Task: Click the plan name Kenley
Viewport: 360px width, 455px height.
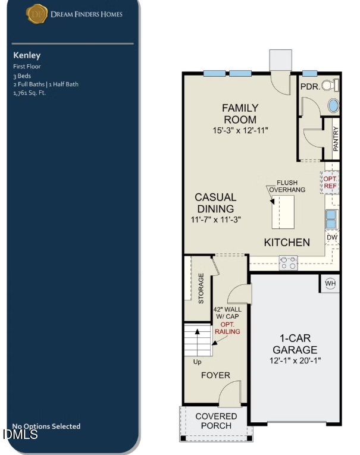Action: click(27, 55)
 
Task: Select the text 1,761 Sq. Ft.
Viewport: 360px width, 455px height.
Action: click(29, 92)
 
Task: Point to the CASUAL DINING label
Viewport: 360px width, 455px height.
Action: click(215, 203)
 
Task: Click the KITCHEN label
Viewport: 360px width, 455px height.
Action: click(287, 242)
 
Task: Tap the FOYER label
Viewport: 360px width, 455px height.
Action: click(215, 375)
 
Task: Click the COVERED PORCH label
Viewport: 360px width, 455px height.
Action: click(216, 421)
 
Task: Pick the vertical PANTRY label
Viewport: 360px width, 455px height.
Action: click(336, 139)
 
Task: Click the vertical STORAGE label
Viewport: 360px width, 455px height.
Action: click(201, 288)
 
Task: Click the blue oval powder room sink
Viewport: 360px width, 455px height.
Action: click(334, 106)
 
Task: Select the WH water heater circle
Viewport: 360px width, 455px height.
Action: click(330, 284)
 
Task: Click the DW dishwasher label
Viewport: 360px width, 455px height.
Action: click(331, 237)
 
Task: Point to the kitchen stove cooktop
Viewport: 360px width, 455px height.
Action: click(289, 263)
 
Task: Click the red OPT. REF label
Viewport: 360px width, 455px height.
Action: click(330, 182)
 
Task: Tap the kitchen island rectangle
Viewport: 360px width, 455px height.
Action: click(283, 211)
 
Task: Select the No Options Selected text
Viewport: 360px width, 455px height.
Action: click(46, 426)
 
